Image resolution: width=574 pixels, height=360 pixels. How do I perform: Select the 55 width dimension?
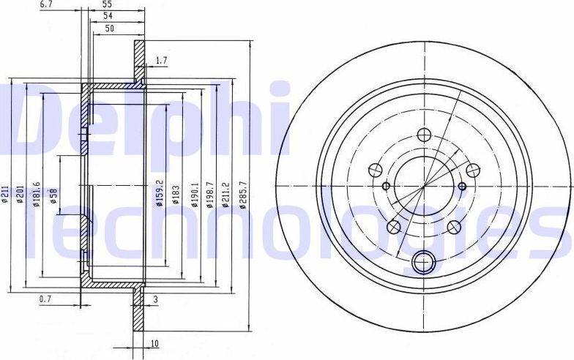(x=107, y=4)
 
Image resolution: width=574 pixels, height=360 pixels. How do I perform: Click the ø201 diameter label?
(x=22, y=194)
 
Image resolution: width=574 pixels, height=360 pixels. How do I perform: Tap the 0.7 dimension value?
(x=45, y=299)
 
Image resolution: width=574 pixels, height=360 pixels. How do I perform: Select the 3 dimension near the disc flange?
(x=156, y=299)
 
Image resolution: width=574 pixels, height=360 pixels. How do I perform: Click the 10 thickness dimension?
(x=154, y=342)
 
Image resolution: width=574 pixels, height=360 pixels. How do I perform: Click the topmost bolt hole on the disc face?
(x=423, y=135)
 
